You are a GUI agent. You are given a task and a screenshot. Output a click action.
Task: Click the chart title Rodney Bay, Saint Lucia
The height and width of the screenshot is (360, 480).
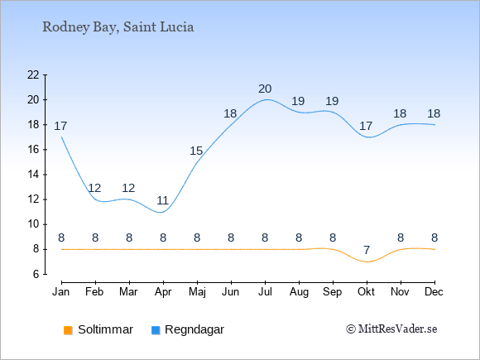pyautogui.click(x=118, y=27)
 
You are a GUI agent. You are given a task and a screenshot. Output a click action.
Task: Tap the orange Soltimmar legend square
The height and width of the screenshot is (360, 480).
pyautogui.click(x=68, y=330)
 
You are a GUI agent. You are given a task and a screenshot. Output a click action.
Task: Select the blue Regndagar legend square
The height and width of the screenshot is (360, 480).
pyautogui.click(x=156, y=330)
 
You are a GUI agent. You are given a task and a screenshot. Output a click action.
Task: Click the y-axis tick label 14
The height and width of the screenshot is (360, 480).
pyautogui.click(x=33, y=175)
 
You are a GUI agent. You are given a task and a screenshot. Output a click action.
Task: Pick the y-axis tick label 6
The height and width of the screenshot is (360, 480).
pyautogui.click(x=36, y=274)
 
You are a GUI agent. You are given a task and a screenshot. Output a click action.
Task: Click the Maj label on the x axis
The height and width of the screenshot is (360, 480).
pyautogui.click(x=197, y=292)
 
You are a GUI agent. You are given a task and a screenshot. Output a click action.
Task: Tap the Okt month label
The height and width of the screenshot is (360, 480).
pyautogui.click(x=367, y=292)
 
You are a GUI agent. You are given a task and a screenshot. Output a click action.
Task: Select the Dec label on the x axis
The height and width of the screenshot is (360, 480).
pyautogui.click(x=434, y=292)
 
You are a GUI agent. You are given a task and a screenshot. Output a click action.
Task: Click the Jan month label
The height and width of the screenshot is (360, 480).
pyautogui.click(x=61, y=292)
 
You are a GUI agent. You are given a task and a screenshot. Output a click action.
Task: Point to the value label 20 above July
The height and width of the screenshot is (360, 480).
pyautogui.click(x=265, y=89)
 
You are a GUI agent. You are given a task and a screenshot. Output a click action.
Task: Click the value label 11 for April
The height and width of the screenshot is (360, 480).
pyautogui.click(x=162, y=201)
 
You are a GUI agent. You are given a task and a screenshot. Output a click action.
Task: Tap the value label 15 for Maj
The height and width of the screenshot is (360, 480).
pyautogui.click(x=196, y=151)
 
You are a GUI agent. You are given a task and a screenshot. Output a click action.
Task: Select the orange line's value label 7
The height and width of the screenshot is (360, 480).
pyautogui.click(x=367, y=251)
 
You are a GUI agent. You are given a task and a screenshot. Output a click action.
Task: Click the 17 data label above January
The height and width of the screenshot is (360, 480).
pyautogui.click(x=60, y=126)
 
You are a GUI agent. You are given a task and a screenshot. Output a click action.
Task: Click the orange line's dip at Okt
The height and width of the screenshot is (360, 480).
pyautogui.click(x=367, y=262)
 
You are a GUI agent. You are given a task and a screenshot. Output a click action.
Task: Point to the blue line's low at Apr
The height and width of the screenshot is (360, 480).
pyautogui.click(x=161, y=212)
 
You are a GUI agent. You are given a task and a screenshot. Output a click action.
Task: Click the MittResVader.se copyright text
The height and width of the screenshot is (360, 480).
pyautogui.click(x=391, y=329)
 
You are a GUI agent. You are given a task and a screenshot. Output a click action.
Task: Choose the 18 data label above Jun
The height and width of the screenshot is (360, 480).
pyautogui.click(x=230, y=114)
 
